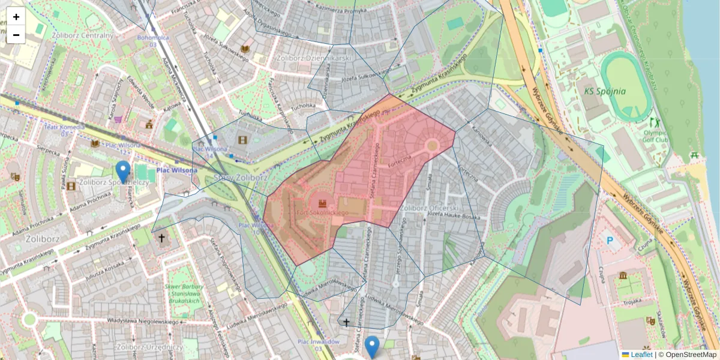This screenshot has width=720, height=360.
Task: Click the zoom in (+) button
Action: pos(16,17)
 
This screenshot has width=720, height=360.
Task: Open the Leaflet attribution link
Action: pos(641,355)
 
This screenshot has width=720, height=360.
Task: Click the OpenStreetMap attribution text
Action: pos(689,355)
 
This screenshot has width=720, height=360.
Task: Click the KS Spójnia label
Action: pos(605,92)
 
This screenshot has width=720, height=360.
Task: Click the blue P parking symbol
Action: pos(610,241)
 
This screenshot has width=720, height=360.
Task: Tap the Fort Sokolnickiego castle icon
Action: pos(322,203)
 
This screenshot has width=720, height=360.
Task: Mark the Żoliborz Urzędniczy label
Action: pos(149,347)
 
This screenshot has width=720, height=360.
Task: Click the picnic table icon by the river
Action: pos(695,155)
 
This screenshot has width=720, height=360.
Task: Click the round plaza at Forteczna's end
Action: pos(431,145)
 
